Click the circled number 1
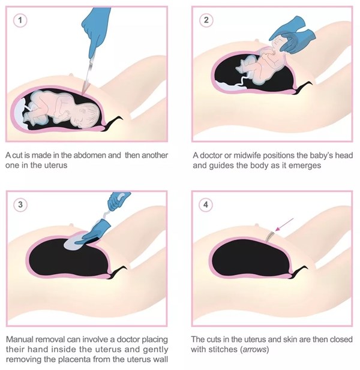(20, 20)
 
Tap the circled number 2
(206, 20)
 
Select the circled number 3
(20, 204)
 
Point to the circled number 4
(206, 204)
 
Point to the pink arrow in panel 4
(284, 224)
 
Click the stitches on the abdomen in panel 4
(269, 237)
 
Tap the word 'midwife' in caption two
(247, 155)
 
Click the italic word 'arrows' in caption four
(254, 349)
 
